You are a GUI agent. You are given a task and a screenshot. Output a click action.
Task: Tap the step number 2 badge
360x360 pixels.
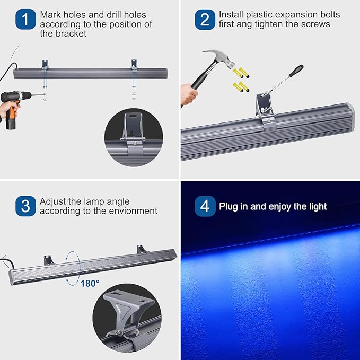[x=205, y=21]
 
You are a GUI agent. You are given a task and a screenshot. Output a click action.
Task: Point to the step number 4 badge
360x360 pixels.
[x=205, y=206]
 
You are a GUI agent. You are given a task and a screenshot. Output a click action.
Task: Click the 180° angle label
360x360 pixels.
[x=90, y=283]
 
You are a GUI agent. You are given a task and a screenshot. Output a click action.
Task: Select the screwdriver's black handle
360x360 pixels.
[x=295, y=71]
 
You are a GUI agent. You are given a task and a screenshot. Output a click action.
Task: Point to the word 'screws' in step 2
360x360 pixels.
[x=315, y=24]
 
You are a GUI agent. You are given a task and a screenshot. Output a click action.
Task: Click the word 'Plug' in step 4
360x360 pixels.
[x=229, y=206]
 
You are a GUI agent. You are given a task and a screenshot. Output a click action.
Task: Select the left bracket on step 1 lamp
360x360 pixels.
[x=46, y=65]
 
